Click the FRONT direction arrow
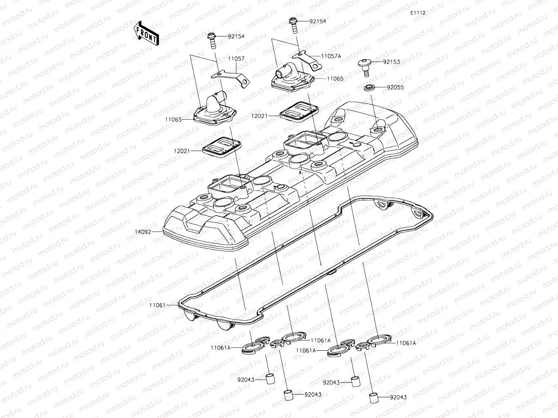146,33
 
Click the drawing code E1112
418,13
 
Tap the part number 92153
391,62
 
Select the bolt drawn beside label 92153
365,66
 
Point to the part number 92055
395,87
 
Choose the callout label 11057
236,59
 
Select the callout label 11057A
331,56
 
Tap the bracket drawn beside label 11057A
306,58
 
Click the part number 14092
143,232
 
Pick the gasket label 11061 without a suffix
157,305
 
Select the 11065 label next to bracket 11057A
335,78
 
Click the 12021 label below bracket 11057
182,151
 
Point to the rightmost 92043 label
398,397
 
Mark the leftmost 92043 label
246,380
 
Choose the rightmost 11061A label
406,343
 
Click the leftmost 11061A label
221,348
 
